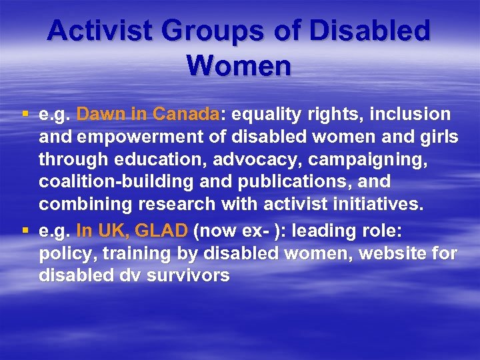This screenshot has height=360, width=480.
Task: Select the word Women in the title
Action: (x=239, y=65)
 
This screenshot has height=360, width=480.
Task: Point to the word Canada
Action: (x=185, y=114)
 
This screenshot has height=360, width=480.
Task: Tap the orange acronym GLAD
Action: (x=161, y=231)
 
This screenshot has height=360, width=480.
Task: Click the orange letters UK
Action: (x=111, y=231)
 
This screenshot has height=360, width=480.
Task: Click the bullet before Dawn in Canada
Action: (x=25, y=114)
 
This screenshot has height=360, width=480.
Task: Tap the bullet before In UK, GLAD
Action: (x=25, y=231)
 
